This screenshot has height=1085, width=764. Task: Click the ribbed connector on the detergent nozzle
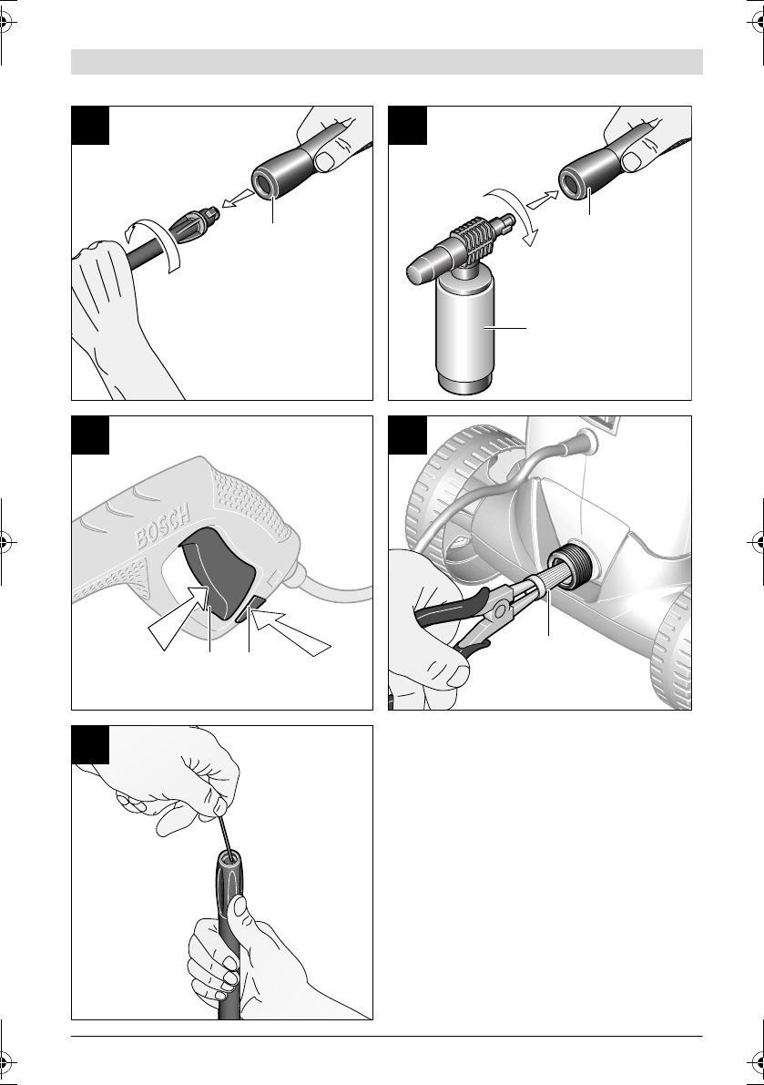pyautogui.click(x=478, y=240)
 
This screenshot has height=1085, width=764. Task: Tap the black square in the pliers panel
pyautogui.click(x=407, y=435)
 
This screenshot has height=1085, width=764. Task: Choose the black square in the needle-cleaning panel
pyautogui.click(x=90, y=744)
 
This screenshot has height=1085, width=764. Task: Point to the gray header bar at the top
pyautogui.click(x=387, y=62)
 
